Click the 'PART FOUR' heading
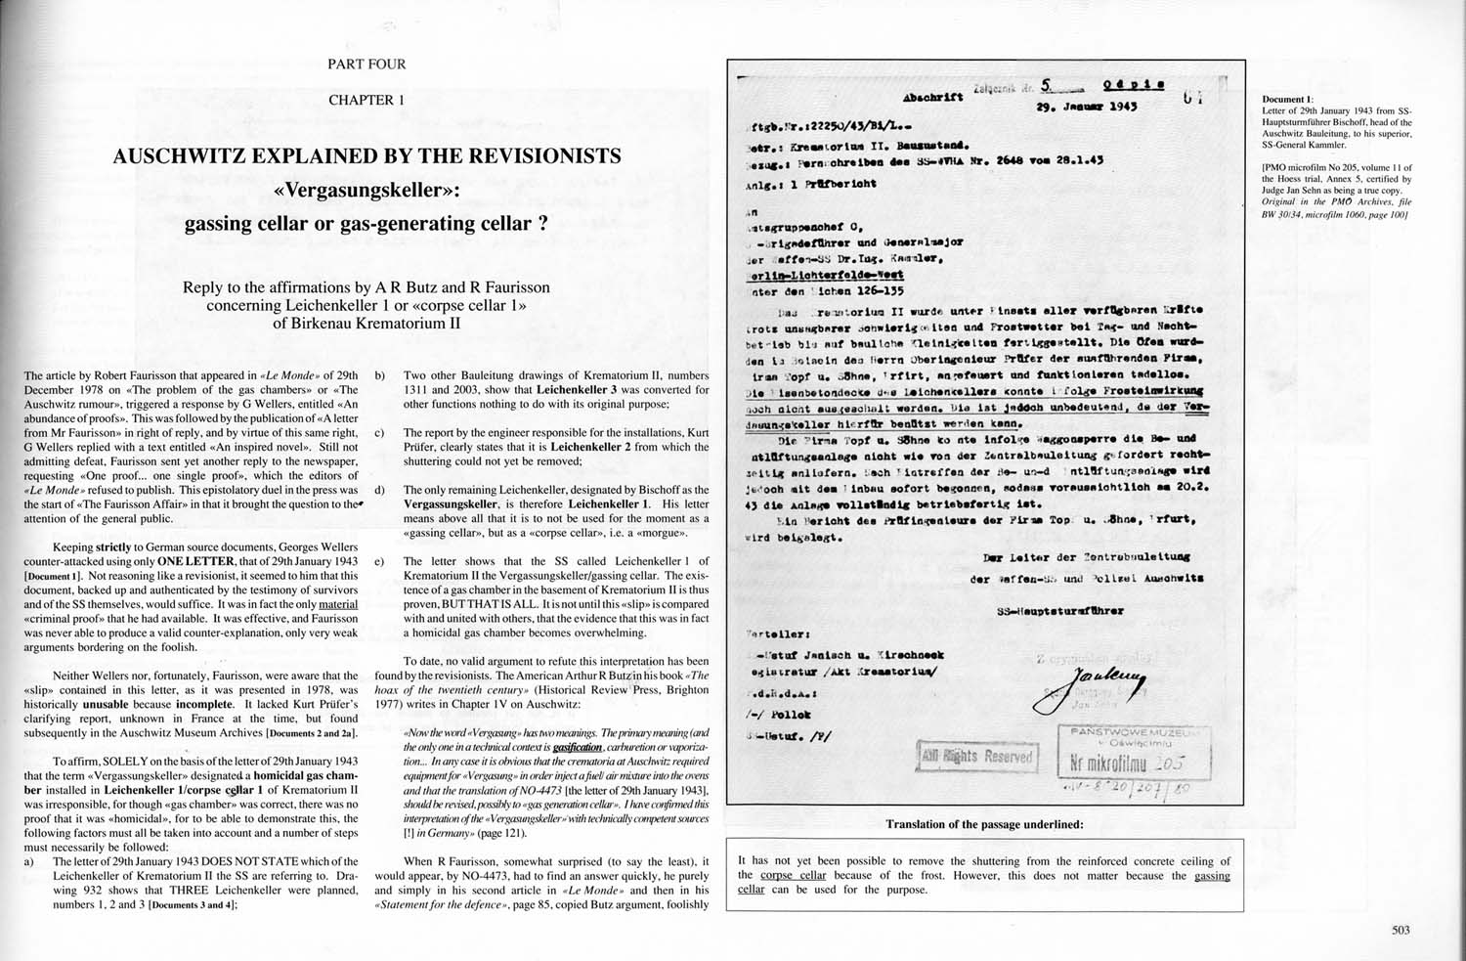click(x=366, y=65)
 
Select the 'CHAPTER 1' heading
click(x=366, y=100)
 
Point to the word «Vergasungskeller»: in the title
click(x=366, y=190)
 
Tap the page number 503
click(x=1401, y=931)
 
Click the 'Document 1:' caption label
click(x=1287, y=100)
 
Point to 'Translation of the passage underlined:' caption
click(x=984, y=824)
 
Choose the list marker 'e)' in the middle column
click(x=379, y=561)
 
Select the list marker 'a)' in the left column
click(x=29, y=861)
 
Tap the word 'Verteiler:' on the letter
click(x=777, y=633)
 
